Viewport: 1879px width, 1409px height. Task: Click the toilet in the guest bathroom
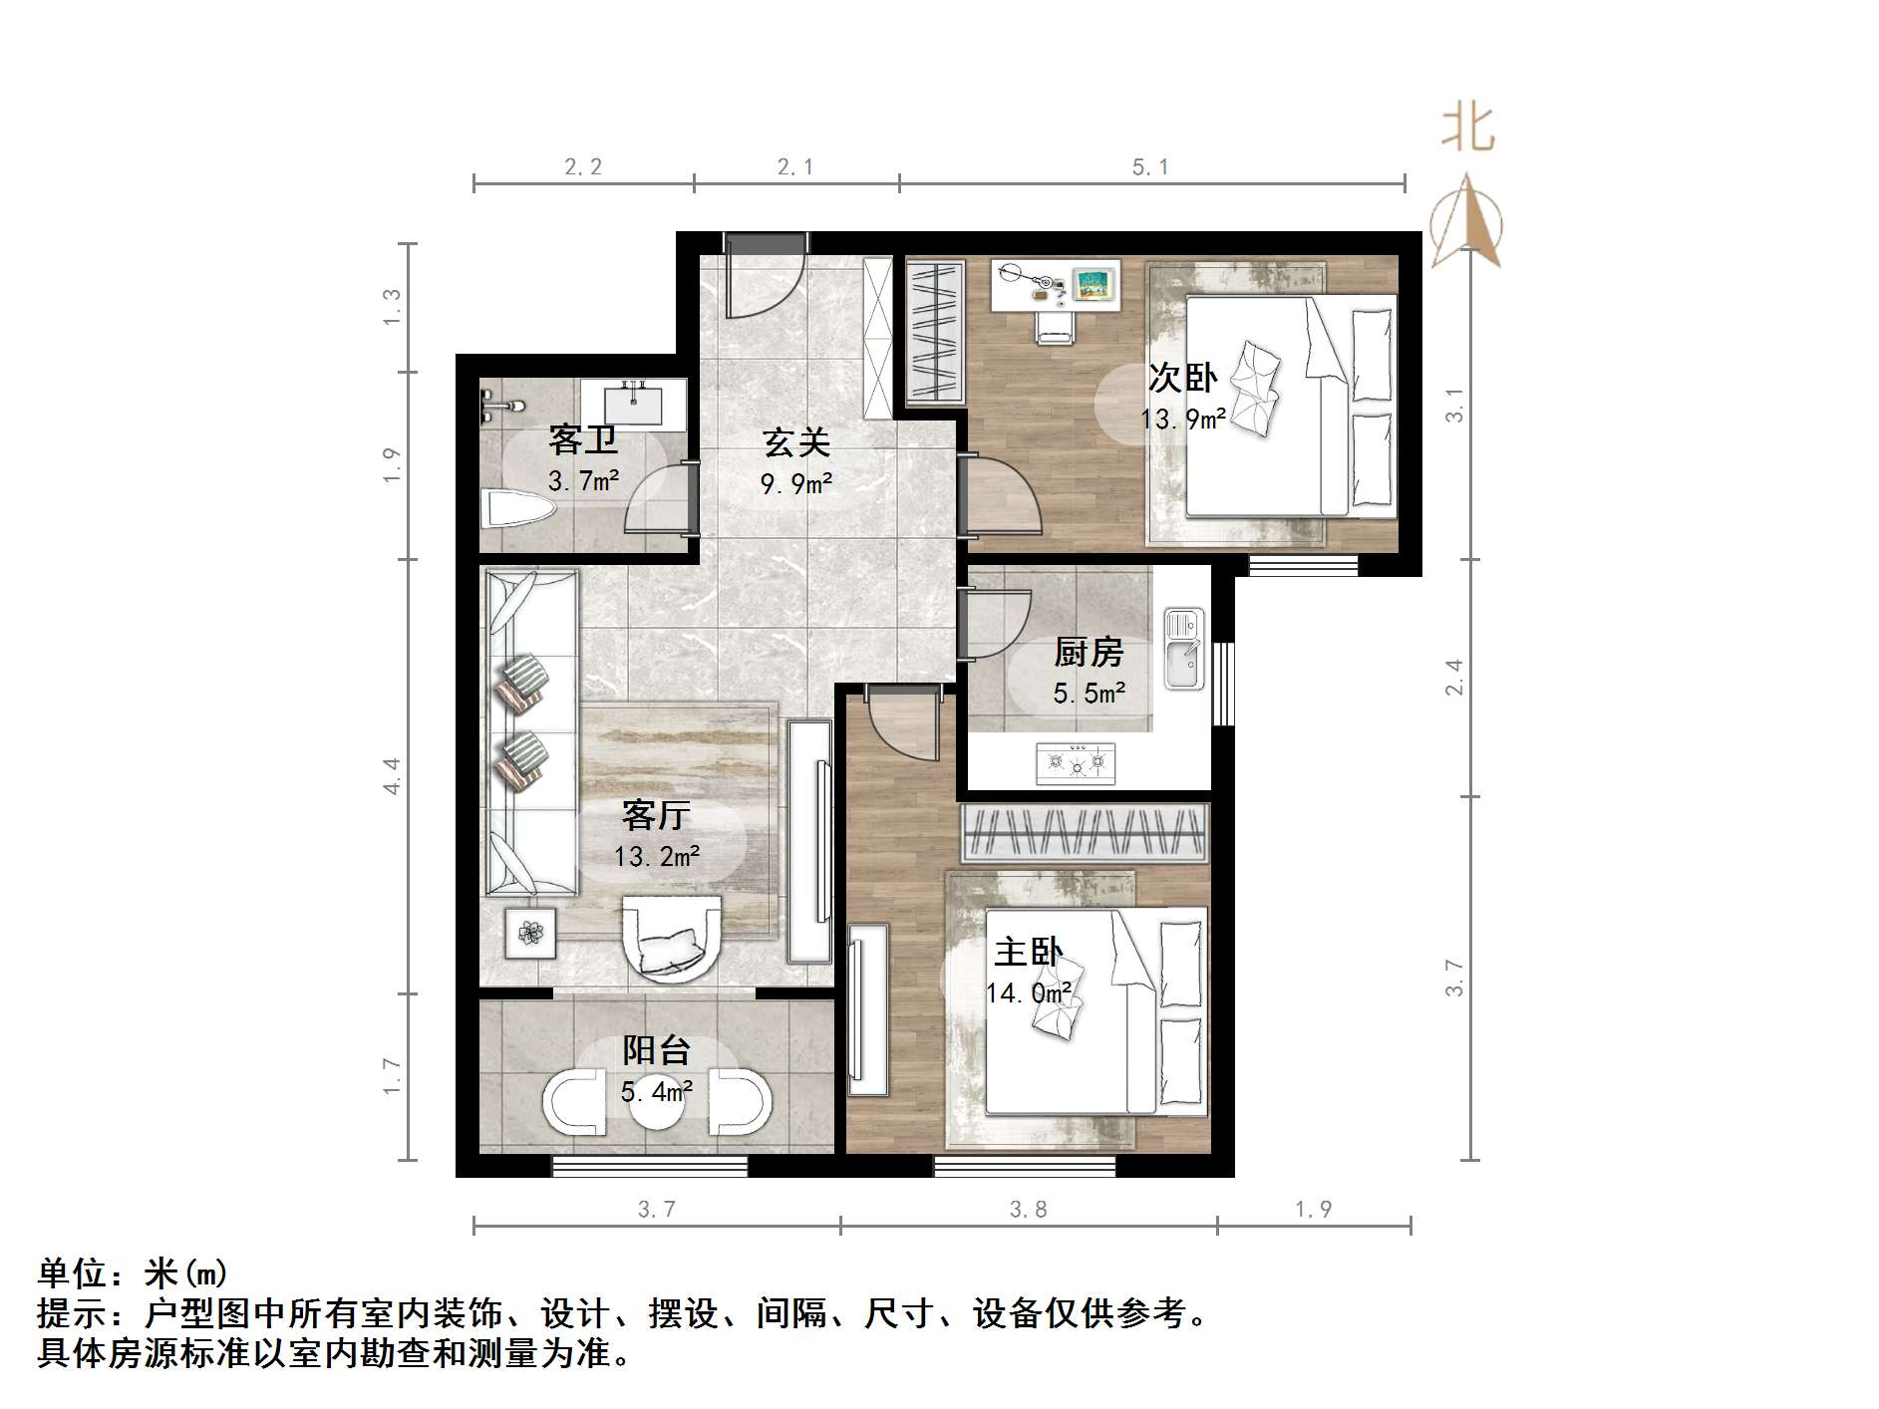point(516,508)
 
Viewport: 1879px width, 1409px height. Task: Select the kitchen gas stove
point(1076,763)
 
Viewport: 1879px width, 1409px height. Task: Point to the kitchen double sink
point(1183,649)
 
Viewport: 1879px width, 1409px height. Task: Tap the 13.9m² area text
point(1182,419)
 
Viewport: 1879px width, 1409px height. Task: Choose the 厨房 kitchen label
point(1089,653)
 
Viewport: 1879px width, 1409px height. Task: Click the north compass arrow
point(1466,221)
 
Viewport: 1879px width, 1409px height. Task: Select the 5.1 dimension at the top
point(1150,167)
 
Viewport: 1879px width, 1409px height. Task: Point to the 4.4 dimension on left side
point(392,775)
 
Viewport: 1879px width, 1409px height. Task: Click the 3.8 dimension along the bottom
point(1028,1210)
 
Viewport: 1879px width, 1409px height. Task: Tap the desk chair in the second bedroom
point(1054,325)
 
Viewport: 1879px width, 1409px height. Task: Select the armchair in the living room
point(671,937)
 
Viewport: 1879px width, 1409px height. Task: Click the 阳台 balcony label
point(656,1049)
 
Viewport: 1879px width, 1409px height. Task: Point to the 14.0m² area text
point(1028,992)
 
